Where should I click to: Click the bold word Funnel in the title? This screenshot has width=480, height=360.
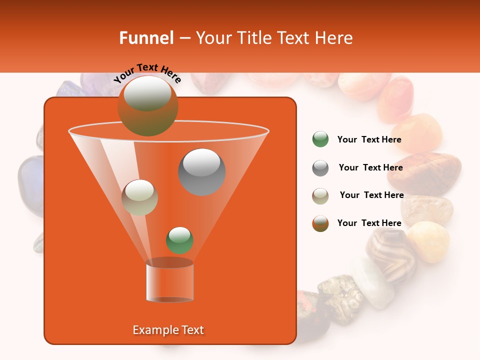[146, 38]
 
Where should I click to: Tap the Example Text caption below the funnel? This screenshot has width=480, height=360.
[168, 330]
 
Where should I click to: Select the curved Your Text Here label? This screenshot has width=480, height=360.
[147, 73]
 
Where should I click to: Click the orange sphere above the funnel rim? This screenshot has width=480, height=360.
[147, 106]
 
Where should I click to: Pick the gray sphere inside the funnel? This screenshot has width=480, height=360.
[202, 172]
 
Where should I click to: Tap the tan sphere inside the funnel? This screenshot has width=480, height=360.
[139, 197]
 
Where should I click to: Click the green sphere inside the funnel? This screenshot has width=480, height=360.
[179, 240]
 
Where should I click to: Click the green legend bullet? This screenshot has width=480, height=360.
[320, 139]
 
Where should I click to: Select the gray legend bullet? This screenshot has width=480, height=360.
[320, 168]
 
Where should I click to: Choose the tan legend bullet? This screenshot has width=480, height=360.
[320, 196]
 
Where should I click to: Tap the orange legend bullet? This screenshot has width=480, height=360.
[320, 223]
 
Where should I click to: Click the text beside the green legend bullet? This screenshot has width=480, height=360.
[369, 140]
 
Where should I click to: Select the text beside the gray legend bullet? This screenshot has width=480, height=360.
[370, 168]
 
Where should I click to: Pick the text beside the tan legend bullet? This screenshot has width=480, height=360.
[371, 195]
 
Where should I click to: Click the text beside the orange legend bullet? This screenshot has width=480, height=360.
[369, 223]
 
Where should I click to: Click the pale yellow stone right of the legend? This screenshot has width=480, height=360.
[429, 241]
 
